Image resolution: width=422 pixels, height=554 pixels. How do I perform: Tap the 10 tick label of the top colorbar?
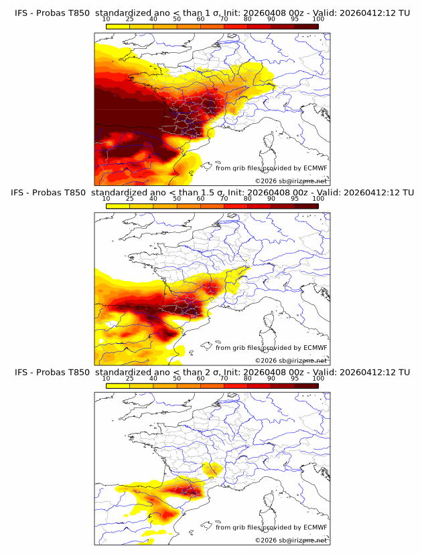pos(106,20)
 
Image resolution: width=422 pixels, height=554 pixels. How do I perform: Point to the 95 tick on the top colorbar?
pos(295,20)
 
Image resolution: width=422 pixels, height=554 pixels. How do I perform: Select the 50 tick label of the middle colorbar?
pos(177,199)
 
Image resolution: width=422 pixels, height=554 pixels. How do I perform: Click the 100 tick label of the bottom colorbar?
pos(318,379)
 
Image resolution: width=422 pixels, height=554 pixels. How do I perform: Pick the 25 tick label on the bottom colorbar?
pos(129,379)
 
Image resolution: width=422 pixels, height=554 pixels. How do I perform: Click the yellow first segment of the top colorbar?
pos(118,27)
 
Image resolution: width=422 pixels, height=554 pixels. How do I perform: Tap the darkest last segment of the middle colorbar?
pos(306,206)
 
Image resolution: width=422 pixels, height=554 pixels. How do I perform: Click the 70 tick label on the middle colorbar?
pos(224,199)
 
